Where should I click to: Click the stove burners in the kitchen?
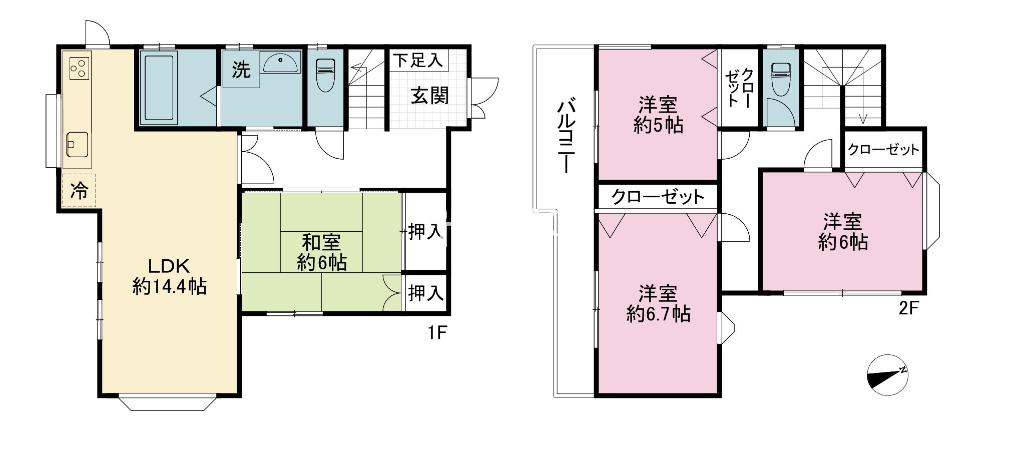pyautogui.click(x=80, y=69)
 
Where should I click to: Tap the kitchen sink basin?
pyautogui.click(x=77, y=144)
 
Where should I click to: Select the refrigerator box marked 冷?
pyautogui.click(x=79, y=190)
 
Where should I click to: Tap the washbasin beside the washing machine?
pyautogui.click(x=282, y=62)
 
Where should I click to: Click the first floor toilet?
pyautogui.click(x=325, y=75)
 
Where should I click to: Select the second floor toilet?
pyautogui.click(x=780, y=79)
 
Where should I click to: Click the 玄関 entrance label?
pyautogui.click(x=430, y=95)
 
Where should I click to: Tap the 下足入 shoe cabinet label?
pyautogui.click(x=417, y=61)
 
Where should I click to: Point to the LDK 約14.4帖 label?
pyautogui.click(x=169, y=276)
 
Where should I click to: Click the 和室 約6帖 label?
pyautogui.click(x=321, y=252)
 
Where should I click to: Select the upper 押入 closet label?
pyautogui.click(x=425, y=231)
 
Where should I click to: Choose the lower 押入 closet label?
pyautogui.click(x=425, y=293)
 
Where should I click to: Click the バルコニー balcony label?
pyautogui.click(x=566, y=136)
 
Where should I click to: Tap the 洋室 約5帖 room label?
pyautogui.click(x=658, y=115)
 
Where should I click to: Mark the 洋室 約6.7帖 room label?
pyautogui.click(x=658, y=303)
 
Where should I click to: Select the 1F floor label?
pyautogui.click(x=436, y=332)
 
